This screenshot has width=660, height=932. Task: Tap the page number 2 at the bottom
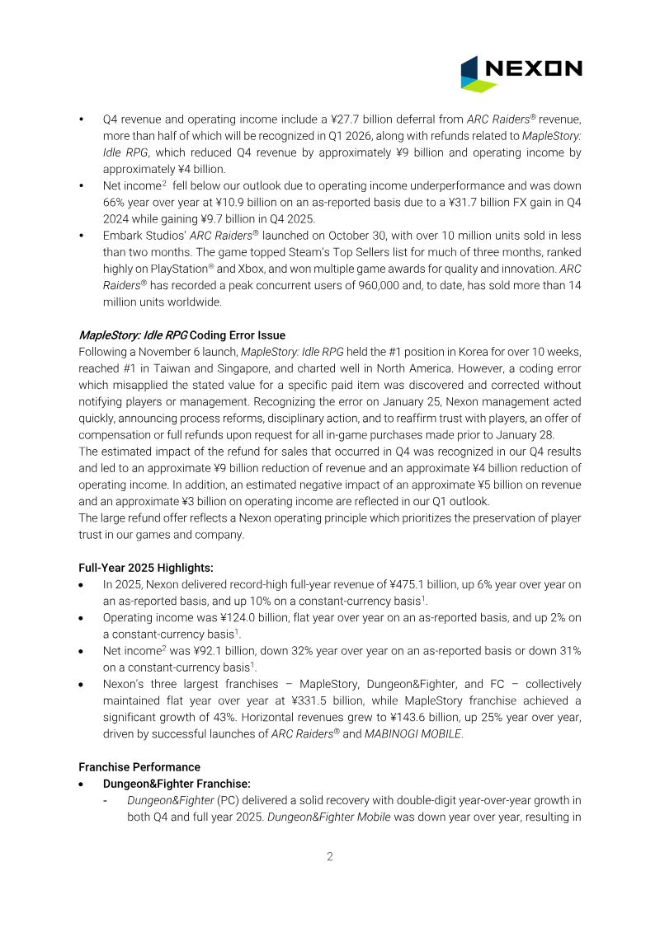tap(329, 856)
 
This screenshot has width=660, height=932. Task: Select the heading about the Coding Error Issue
tap(181, 335)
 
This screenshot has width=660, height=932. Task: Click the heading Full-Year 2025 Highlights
tap(146, 568)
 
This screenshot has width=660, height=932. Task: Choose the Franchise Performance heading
tap(139, 766)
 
